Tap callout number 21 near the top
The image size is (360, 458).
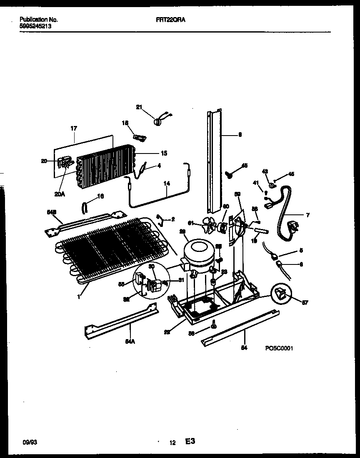(139, 108)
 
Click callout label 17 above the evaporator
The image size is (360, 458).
(74, 129)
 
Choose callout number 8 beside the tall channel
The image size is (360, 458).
(240, 135)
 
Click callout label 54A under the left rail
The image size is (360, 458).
(130, 341)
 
